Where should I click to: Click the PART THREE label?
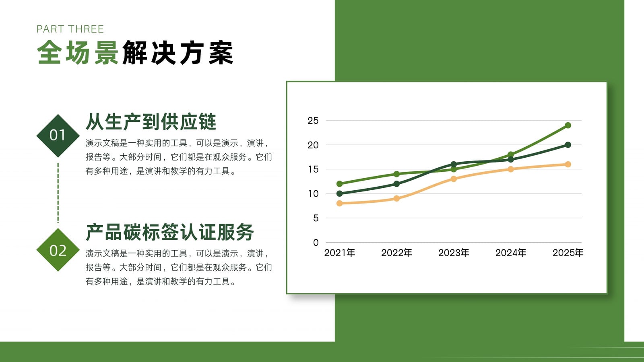pos(70,29)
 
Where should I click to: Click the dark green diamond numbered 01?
pos(58,136)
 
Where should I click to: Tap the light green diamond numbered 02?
pos(58,250)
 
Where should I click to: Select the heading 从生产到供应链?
pos(151,122)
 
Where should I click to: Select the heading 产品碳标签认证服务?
pos(169,232)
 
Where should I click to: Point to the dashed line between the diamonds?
pos(58,193)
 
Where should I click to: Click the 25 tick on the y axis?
pos(313,121)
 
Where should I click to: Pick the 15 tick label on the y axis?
pos(313,169)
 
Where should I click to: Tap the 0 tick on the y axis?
pos(316,243)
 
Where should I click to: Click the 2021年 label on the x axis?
pos(340,253)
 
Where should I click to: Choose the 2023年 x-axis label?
pos(454,253)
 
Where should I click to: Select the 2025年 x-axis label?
pos(568,253)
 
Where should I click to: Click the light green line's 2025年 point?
pos(568,125)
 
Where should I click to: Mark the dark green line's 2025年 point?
pos(568,145)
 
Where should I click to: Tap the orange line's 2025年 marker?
pos(568,165)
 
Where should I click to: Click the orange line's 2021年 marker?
pos(340,204)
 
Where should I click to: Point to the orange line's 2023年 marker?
pos(454,179)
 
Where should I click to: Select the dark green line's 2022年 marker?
pos(396,184)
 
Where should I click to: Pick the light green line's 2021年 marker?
pos(340,183)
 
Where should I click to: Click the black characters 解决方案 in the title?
pos(178,53)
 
